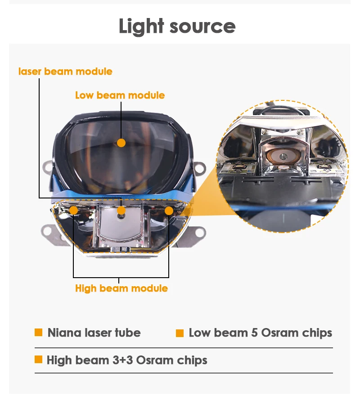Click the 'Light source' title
pyautogui.click(x=177, y=27)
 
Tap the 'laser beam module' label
pyautogui.click(x=65, y=71)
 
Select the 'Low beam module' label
pyautogui.click(x=120, y=95)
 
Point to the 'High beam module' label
pyautogui.click(x=121, y=288)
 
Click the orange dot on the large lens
pyautogui.click(x=121, y=143)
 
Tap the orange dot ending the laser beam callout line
pyautogui.click(x=121, y=210)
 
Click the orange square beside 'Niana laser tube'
pyautogui.click(x=39, y=333)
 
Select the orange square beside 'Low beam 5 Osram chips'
pyautogui.click(x=180, y=333)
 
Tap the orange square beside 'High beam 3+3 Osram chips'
pyautogui.click(x=39, y=359)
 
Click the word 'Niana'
pyautogui.click(x=64, y=333)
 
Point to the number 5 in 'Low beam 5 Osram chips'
pyautogui.click(x=254, y=333)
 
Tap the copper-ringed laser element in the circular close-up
pyautogui.click(x=283, y=156)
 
